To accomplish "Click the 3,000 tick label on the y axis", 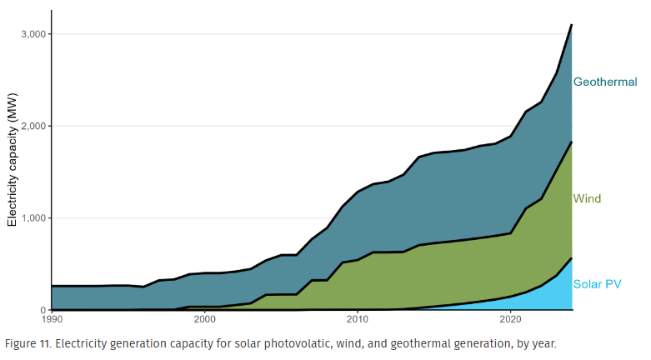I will pyautogui.click(x=31, y=34).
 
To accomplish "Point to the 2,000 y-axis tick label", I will pyautogui.click(x=31, y=126).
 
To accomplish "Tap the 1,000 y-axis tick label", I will pyautogui.click(x=31, y=218).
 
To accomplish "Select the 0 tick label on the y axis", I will pyautogui.click(x=42, y=310).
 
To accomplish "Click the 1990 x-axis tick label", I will pyautogui.click(x=52, y=319).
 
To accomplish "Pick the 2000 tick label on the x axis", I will pyautogui.click(x=204, y=319).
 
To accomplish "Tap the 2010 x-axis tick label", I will pyautogui.click(x=357, y=319).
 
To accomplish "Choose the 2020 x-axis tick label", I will pyautogui.click(x=510, y=319).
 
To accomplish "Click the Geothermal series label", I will pyautogui.click(x=605, y=82).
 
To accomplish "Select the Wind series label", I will pyautogui.click(x=587, y=199).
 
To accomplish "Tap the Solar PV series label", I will pyautogui.click(x=598, y=284).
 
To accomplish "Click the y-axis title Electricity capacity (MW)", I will pyautogui.click(x=13, y=172).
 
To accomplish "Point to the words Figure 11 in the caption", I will pyautogui.click(x=28, y=343).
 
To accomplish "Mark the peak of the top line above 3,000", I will pyautogui.click(x=571, y=25).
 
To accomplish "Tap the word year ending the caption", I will pyautogui.click(x=541, y=343).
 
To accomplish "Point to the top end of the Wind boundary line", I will pyautogui.click(x=571, y=142).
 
